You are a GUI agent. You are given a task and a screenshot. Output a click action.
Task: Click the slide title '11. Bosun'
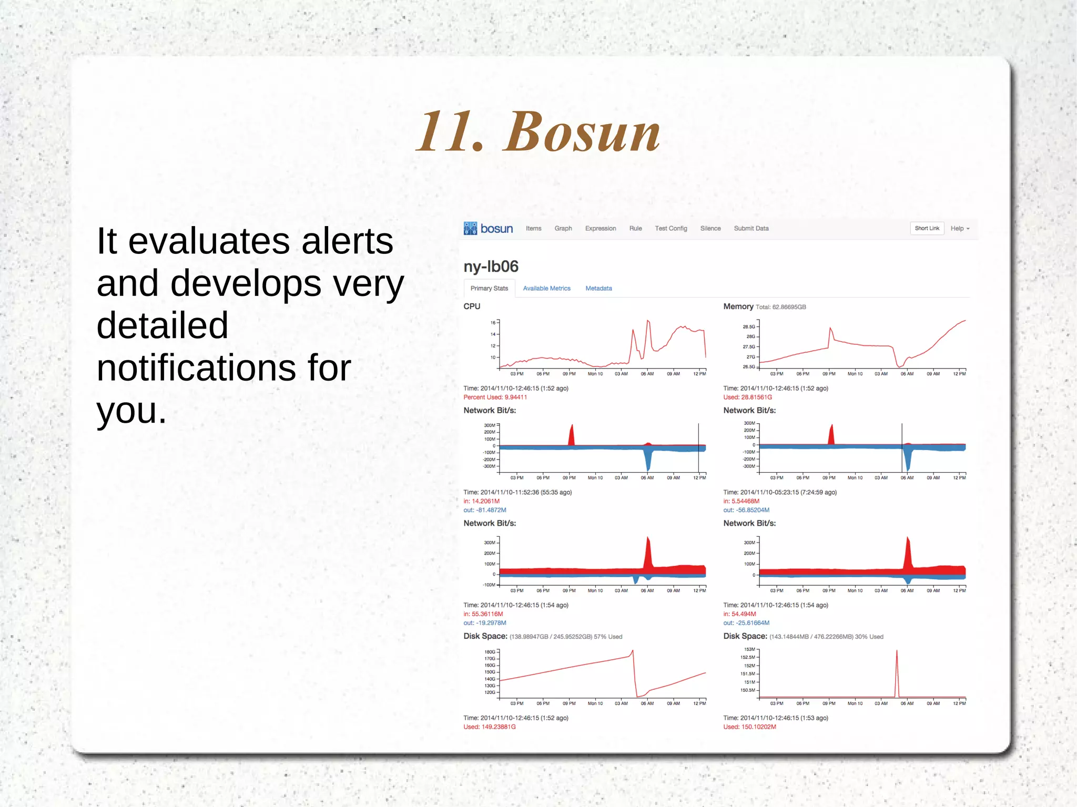point(537,132)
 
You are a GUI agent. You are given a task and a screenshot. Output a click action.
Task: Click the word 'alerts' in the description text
point(347,242)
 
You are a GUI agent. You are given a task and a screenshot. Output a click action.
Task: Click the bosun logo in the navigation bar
point(488,228)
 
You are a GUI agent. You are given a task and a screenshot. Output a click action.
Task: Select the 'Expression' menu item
point(600,228)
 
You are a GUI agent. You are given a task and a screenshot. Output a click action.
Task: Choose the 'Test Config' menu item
point(670,228)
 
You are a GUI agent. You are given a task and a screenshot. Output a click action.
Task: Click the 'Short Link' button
point(927,228)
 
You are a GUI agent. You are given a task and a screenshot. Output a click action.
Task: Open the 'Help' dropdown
point(959,228)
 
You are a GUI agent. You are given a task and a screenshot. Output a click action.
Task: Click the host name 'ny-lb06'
point(491,267)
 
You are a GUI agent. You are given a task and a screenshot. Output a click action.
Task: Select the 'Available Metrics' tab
point(546,288)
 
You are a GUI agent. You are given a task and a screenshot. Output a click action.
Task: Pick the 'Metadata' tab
point(598,288)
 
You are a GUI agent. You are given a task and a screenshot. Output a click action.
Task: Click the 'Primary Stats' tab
point(489,288)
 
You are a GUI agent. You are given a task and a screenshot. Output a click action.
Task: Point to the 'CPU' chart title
point(472,306)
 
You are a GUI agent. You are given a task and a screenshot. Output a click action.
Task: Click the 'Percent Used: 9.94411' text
point(495,397)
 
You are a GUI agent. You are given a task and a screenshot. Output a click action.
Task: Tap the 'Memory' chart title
point(738,306)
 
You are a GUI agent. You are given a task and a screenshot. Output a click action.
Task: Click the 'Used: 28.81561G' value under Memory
point(747,397)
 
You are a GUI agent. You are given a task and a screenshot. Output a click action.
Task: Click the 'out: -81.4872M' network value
point(484,510)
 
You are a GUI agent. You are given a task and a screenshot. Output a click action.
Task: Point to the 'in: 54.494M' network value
point(739,614)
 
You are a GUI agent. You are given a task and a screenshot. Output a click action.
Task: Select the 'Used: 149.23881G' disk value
point(489,727)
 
